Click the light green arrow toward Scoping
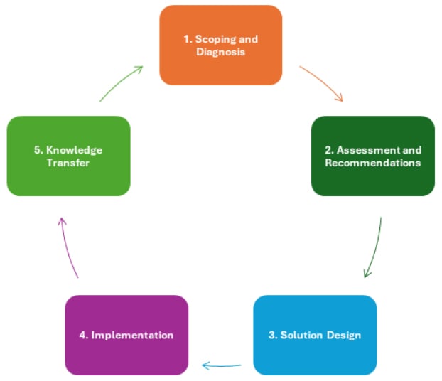click(121, 83)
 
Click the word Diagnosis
click(220, 52)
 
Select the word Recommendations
click(372, 163)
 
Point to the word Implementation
click(132, 335)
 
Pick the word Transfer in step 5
click(69, 163)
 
